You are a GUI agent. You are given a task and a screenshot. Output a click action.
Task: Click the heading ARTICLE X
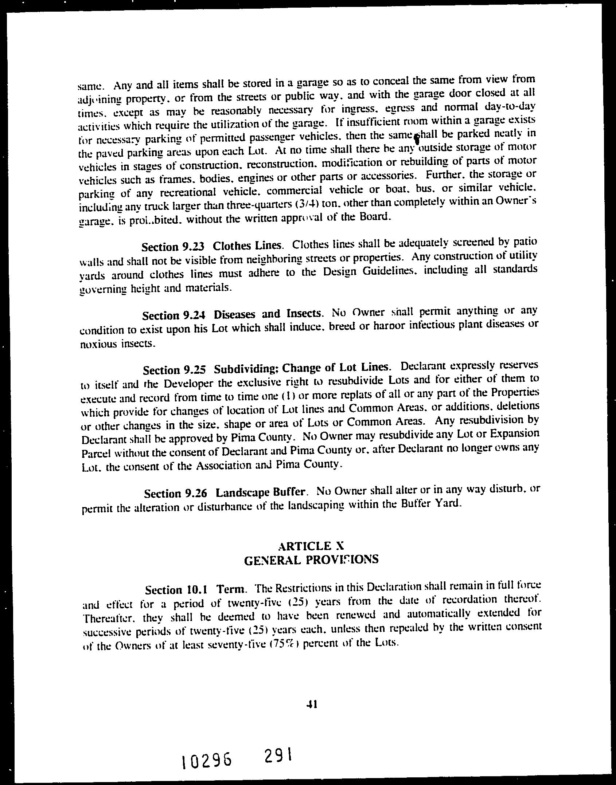311,546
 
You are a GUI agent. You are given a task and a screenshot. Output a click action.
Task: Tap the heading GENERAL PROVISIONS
311,559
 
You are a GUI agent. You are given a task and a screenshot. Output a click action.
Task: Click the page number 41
312,705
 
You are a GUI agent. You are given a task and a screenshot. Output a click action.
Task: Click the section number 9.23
194,247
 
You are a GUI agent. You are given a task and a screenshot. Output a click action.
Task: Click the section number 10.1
197,589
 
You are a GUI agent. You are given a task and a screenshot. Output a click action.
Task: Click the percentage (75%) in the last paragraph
283,643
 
